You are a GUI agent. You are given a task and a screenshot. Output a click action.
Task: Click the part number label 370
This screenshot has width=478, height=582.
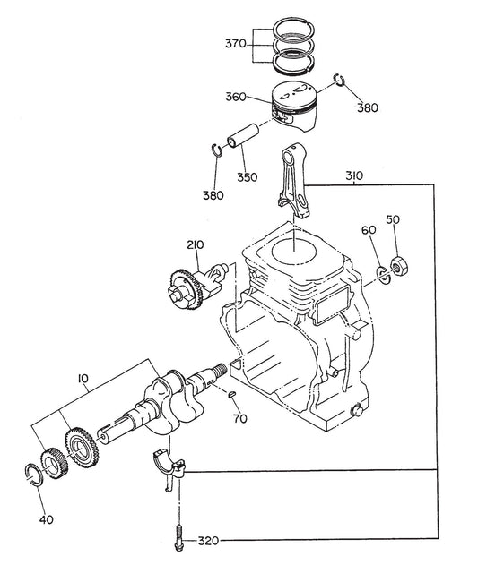click(x=236, y=44)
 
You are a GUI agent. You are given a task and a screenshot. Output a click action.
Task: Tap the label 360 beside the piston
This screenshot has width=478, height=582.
click(x=236, y=97)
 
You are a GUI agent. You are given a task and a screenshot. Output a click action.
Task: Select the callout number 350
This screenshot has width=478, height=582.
click(x=248, y=176)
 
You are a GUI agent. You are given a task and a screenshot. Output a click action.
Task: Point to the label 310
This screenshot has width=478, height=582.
click(x=354, y=175)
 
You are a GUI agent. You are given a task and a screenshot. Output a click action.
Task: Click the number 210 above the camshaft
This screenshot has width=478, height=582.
click(x=196, y=244)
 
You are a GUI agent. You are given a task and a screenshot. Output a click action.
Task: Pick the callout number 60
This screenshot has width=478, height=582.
click(x=369, y=230)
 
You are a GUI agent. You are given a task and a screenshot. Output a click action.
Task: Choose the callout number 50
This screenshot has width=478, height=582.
click(x=393, y=219)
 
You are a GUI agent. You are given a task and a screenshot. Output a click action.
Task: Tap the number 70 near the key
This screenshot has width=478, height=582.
click(x=240, y=418)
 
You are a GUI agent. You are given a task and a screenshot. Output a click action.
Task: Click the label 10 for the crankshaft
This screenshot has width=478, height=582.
click(x=83, y=379)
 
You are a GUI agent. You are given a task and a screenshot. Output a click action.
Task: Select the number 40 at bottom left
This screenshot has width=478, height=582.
click(x=46, y=519)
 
